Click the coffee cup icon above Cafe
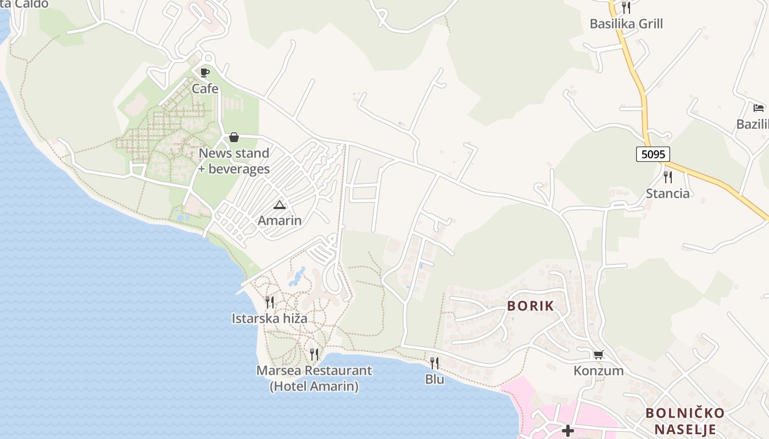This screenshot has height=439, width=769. tap(205, 72)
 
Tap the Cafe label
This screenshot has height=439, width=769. tap(205, 88)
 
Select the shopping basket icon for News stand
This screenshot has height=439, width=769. tap(234, 137)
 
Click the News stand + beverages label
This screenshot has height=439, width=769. tap(234, 161)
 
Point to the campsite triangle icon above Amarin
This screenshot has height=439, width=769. tap(280, 205)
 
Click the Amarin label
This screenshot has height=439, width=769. tap(280, 221)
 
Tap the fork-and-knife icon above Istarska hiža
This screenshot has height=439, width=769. tap(270, 302)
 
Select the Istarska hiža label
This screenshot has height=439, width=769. tap(270, 318)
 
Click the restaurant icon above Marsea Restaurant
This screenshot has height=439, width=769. tap(314, 354)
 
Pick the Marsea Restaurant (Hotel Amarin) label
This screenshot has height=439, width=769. tap(314, 378)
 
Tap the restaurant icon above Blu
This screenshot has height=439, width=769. tap(434, 363)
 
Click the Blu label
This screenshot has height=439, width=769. tap(434, 379)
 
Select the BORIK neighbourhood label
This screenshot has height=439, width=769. tap(531, 306)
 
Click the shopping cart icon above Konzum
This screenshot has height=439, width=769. tap(599, 355)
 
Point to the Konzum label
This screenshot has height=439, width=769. tap(599, 371)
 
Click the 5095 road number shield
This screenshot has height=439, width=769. tap(653, 154)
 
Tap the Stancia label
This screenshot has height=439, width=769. tap(668, 193)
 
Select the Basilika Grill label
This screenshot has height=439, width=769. tap(626, 24)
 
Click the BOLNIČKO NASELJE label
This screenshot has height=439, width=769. tap(685, 421)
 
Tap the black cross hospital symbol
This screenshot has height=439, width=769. tap(568, 431)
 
